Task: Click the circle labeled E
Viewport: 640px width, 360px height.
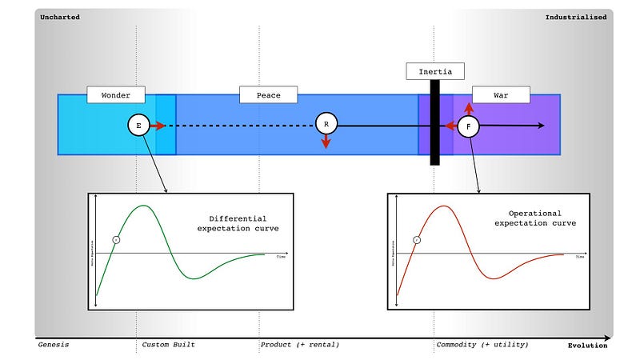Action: pyautogui.click(x=138, y=126)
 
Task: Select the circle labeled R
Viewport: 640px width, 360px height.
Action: pyautogui.click(x=326, y=124)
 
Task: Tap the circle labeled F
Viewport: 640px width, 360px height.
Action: pyautogui.click(x=468, y=126)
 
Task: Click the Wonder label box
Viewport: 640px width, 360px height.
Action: pyautogui.click(x=115, y=95)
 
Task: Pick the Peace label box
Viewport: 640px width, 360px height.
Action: pyautogui.click(x=268, y=95)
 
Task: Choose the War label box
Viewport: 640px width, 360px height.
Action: pyautogui.click(x=501, y=95)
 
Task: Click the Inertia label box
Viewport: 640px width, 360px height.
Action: pyautogui.click(x=434, y=71)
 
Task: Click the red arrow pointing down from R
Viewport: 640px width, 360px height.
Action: pyautogui.click(x=326, y=142)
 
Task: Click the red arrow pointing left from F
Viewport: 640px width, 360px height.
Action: pyautogui.click(x=450, y=126)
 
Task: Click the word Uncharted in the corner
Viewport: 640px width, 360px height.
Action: pyautogui.click(x=58, y=17)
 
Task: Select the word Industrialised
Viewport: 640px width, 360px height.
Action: pyautogui.click(x=575, y=17)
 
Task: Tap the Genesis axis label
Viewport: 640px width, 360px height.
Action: pyautogui.click(x=54, y=345)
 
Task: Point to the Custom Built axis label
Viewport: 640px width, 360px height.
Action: pyautogui.click(x=168, y=345)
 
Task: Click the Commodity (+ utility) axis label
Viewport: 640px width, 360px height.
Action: pyautogui.click(x=482, y=345)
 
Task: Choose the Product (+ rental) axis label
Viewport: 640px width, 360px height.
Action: pyautogui.click(x=300, y=345)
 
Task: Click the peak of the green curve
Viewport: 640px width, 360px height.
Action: pyautogui.click(x=143, y=206)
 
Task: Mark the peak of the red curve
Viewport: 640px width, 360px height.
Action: pyautogui.click(x=443, y=206)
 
